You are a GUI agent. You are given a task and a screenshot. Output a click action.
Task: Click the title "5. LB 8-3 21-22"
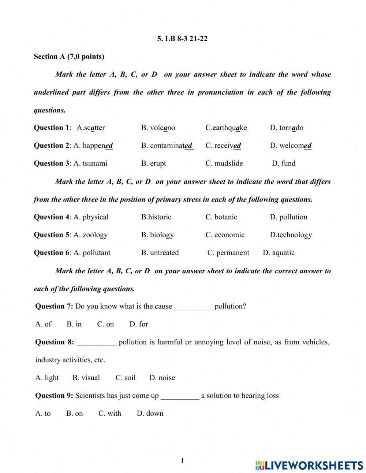click(182, 38)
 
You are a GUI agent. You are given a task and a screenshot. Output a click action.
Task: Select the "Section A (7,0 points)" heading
click(69, 56)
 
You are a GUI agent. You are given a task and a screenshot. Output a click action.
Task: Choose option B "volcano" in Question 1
click(158, 128)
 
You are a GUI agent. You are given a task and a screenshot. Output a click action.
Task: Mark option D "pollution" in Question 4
click(289, 217)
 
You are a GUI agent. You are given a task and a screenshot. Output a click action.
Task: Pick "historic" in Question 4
click(156, 217)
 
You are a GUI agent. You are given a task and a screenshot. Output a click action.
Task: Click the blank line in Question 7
click(193, 307)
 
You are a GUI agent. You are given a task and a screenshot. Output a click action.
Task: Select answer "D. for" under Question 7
click(139, 324)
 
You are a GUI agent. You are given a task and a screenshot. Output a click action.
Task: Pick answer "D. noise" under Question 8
click(162, 378)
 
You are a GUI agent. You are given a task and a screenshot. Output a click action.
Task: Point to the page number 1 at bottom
click(182, 461)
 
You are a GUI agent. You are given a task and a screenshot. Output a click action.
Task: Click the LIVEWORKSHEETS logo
click(309, 465)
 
